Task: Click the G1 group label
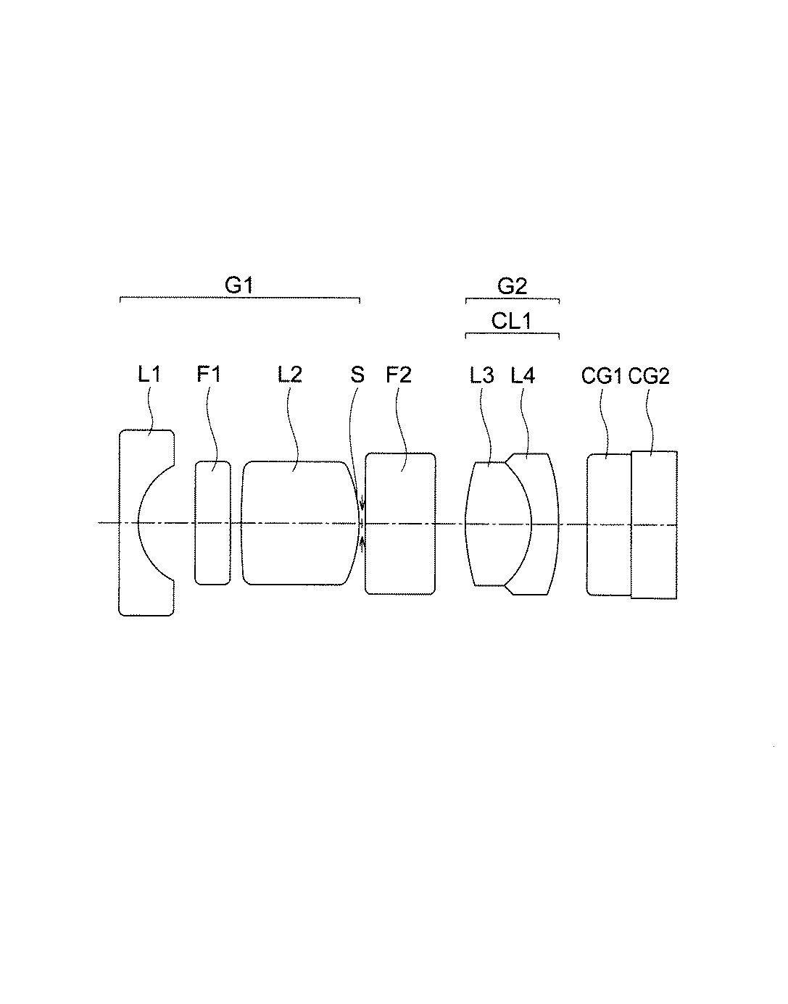pos(239,285)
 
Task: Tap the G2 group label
pos(512,286)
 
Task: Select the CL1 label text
pos(512,320)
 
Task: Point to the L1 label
pos(149,375)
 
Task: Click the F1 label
pos(209,375)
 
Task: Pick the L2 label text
pos(290,375)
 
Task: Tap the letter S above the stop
pos(357,375)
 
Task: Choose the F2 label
pos(399,375)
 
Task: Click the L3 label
pos(482,375)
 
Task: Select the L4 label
pos(523,375)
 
